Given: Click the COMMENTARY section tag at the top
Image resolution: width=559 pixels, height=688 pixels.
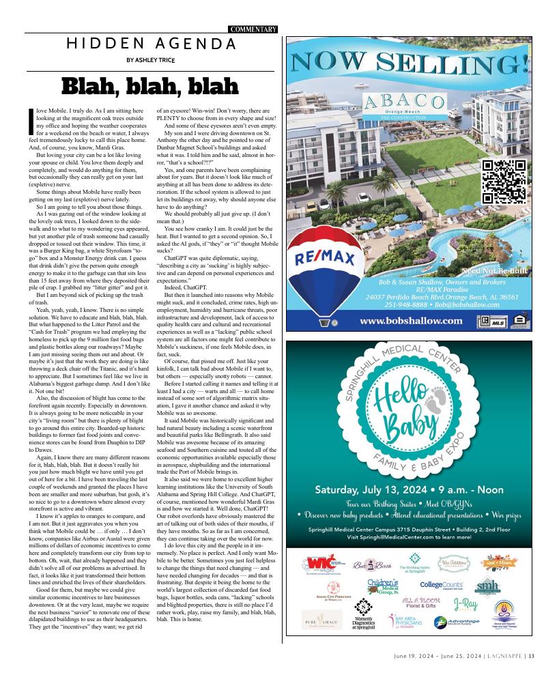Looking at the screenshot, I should coord(253,29).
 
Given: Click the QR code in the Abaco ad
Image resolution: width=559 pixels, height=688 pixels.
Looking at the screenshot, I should coord(504,182).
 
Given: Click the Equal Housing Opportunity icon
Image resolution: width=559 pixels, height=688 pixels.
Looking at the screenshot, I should coord(519,320).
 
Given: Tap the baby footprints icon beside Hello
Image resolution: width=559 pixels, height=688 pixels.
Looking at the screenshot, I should coord(437,395).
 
